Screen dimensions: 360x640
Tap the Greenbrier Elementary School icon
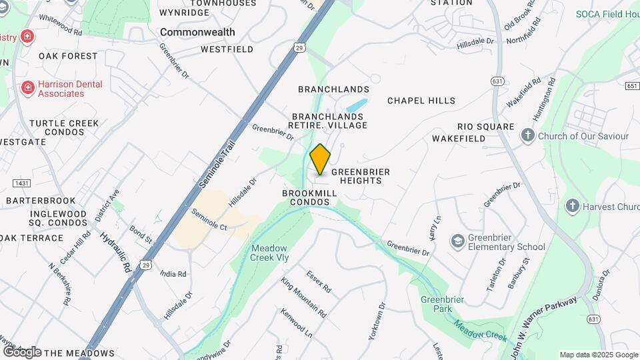(458, 240)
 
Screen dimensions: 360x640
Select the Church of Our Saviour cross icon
(528, 136)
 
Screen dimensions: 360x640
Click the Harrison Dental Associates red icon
(27, 88)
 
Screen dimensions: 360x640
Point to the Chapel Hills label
(421, 101)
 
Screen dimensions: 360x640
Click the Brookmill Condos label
(309, 197)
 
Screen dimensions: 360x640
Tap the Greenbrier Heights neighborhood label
(361, 176)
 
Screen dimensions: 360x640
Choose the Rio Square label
(486, 127)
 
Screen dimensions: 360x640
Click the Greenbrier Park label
(437, 304)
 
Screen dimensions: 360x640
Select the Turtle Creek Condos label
(64, 128)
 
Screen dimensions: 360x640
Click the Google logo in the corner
(21, 352)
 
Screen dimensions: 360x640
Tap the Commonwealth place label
(197, 32)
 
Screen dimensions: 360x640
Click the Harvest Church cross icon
(572, 206)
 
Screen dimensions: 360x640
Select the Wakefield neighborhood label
(458, 139)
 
